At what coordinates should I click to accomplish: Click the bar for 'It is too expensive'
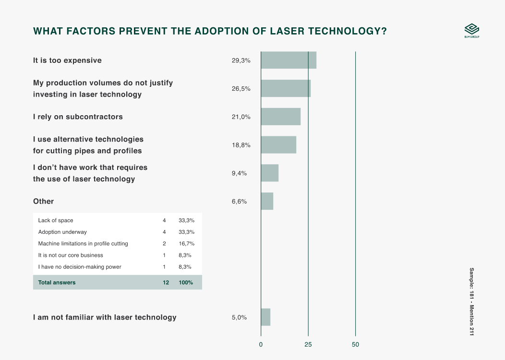(x=288, y=60)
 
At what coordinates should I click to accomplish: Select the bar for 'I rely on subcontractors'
(x=280, y=117)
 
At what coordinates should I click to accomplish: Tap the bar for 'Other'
(x=267, y=201)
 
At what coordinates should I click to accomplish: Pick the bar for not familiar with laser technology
(x=265, y=317)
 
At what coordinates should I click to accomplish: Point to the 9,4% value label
(x=239, y=173)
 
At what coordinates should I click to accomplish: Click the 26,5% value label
(x=241, y=89)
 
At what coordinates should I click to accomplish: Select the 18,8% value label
(x=241, y=145)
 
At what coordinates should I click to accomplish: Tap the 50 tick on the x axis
(x=355, y=345)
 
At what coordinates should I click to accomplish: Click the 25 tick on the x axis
(x=308, y=345)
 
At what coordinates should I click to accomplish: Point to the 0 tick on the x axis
(x=261, y=345)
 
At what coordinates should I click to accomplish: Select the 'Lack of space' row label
(x=56, y=220)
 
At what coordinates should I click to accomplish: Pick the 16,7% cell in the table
(x=186, y=243)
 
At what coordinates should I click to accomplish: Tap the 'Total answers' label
(x=57, y=282)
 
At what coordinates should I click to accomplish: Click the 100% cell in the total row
(x=186, y=282)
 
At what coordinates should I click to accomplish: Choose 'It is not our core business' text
(x=71, y=255)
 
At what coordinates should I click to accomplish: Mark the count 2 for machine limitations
(x=164, y=243)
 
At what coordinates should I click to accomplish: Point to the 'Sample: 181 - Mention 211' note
(x=471, y=301)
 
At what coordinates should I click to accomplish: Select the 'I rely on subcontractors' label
(x=78, y=117)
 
